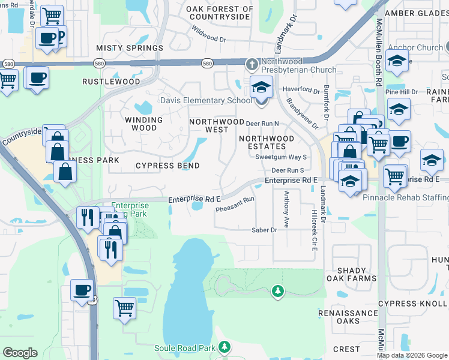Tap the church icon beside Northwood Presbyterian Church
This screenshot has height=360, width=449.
point(253,64)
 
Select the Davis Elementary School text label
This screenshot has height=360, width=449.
point(206,100)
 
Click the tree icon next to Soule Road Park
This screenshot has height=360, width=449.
point(224,347)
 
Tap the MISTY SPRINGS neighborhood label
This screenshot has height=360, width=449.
point(130,47)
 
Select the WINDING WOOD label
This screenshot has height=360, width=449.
point(143,124)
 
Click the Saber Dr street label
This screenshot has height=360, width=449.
point(264,230)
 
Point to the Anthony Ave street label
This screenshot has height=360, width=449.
point(287,209)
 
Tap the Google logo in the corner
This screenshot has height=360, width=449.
point(20,353)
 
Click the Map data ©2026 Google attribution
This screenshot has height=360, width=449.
point(412,355)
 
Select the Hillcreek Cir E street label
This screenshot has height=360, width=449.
point(313,231)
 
